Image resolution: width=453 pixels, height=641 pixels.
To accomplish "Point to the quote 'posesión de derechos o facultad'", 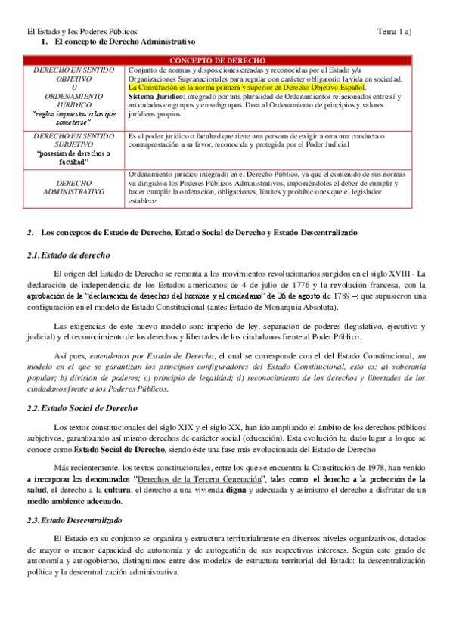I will pos(73,157).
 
